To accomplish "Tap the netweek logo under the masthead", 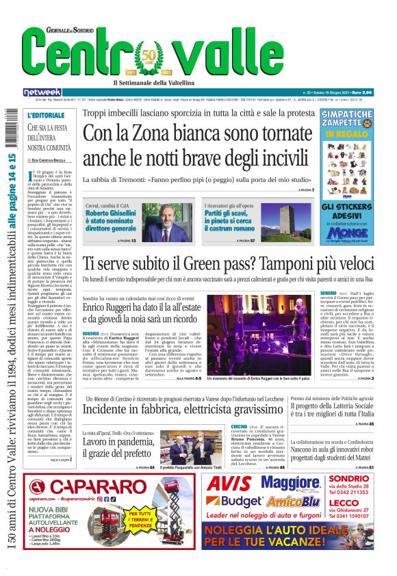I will click(x=42, y=92).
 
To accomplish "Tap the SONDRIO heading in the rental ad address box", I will click(x=348, y=478).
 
